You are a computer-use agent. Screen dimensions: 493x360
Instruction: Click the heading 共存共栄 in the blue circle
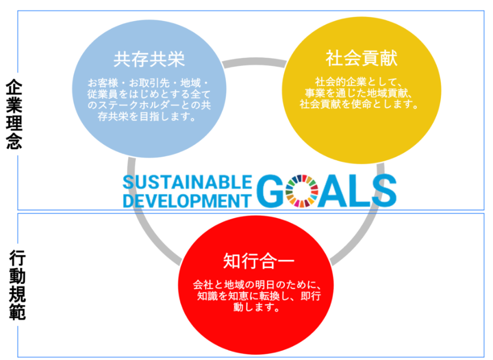click(x=149, y=60)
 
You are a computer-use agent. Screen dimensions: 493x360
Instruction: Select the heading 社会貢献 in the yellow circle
click(x=361, y=58)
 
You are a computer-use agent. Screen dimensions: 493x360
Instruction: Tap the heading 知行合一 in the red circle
click(x=259, y=261)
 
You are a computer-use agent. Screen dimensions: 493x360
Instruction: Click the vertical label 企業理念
click(x=14, y=114)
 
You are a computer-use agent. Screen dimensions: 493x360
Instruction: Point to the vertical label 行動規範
click(x=17, y=285)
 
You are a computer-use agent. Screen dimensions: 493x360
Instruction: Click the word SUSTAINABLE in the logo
click(x=187, y=182)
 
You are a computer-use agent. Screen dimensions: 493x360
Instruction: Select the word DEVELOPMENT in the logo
click(x=187, y=201)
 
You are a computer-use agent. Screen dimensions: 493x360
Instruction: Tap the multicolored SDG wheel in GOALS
click(x=302, y=191)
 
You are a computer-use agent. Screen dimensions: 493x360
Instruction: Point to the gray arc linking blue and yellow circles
click(x=254, y=60)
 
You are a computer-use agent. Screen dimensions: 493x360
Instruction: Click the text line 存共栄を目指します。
click(x=147, y=117)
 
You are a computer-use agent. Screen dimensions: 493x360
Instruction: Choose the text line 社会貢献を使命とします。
click(x=359, y=104)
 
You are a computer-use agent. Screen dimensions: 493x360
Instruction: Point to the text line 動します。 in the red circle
click(x=256, y=307)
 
